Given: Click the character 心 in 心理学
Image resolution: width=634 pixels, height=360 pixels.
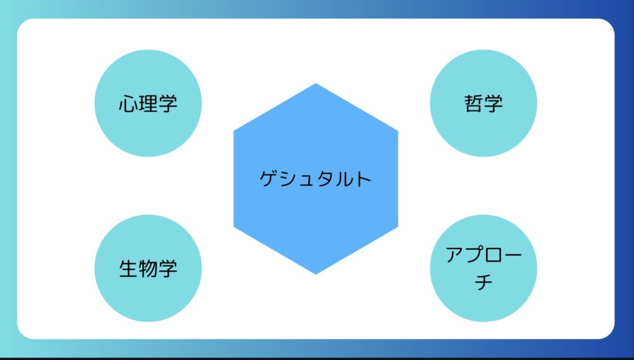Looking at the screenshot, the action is point(128,103).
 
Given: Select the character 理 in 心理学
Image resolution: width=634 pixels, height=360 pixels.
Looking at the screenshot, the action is point(148,103).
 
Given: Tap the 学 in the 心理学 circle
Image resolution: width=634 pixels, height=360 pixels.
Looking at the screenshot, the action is point(168,103).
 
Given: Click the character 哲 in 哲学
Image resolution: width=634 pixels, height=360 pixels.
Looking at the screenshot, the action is point(474,103).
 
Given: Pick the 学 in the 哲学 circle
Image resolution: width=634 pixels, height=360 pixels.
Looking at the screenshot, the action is point(493,103).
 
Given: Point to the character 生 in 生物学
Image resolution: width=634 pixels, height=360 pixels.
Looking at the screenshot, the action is point(128,268).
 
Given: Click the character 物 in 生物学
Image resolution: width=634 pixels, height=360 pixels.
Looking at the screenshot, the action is point(148,268).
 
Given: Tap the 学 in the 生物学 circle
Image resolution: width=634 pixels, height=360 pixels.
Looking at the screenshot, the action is point(168,268).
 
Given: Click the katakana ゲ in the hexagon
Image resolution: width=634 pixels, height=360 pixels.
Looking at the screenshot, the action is point(269,178).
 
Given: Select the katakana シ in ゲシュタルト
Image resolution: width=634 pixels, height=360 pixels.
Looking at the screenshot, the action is point(289,179).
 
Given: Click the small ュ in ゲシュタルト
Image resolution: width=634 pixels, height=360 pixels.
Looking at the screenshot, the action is point(306,181).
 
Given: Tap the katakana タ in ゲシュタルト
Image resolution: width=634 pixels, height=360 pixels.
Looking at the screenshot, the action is point(324,178).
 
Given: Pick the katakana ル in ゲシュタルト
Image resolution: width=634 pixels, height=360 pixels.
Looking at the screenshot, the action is point(343,179).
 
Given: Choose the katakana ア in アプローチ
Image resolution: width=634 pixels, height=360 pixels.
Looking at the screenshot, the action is point(454,255).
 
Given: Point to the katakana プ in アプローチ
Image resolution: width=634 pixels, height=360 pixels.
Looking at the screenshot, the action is point(474,254).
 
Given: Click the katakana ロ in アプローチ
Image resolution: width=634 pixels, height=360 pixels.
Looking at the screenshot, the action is point(493,255).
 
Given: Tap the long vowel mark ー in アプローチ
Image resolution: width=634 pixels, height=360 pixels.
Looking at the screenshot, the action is point(512,255).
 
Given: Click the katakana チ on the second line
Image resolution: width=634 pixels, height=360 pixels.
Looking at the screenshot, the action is point(484,281).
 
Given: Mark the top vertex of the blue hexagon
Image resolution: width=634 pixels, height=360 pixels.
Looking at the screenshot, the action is point(316,83).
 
